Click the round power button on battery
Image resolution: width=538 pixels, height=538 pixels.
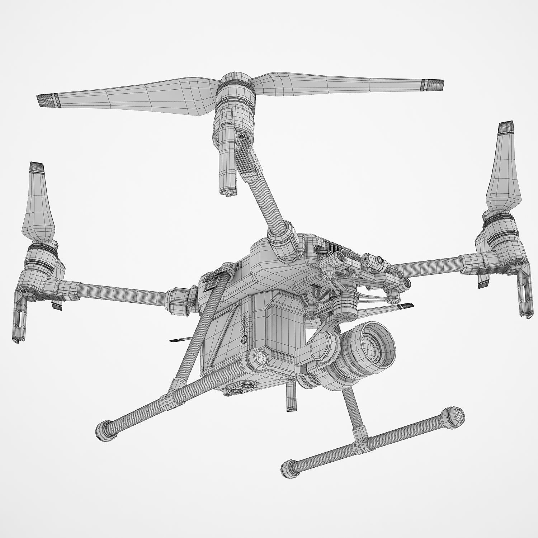[x=244, y=339]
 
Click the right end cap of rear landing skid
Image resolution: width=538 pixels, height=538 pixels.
[x=454, y=417]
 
